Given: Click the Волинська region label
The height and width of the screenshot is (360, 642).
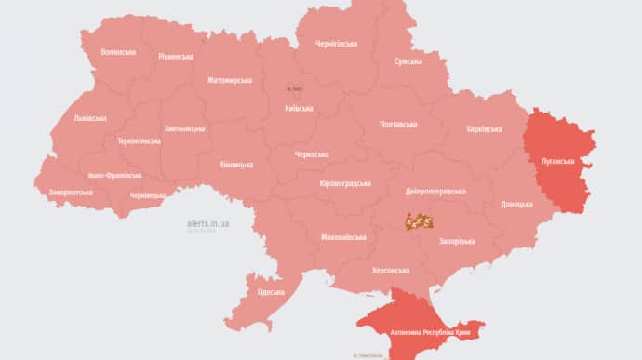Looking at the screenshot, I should [118, 52].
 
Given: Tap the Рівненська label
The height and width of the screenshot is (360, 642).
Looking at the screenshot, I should [176, 57].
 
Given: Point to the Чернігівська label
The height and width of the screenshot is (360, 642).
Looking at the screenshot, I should [336, 44].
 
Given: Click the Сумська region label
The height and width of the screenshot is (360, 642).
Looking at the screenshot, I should [409, 61].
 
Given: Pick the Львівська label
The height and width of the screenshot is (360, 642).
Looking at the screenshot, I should [90, 118].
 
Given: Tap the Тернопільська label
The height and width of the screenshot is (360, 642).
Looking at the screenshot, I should [139, 141].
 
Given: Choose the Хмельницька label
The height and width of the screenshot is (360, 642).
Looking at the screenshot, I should [184, 128].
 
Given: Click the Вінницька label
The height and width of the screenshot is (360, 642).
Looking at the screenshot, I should [235, 165].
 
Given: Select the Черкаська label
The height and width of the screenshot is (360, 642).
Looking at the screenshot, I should [312, 154].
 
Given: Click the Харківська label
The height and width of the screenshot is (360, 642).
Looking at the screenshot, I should [484, 129].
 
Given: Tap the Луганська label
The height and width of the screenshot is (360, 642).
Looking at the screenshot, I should [561, 161].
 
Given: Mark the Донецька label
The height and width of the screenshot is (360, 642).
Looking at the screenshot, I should [516, 204].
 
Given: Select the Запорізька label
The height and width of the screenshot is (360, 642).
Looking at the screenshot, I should [457, 241].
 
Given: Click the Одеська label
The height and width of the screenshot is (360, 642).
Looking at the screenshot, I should [272, 292].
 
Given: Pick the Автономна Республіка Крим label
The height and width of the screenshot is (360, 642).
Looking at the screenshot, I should [430, 332].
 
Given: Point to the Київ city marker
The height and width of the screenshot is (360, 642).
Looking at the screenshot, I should [294, 89].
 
